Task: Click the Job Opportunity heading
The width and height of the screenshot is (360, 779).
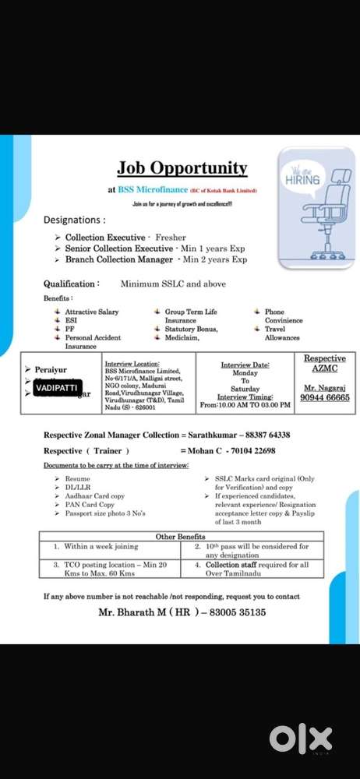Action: click(x=182, y=168)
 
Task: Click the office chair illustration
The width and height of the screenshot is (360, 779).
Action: click(x=318, y=223)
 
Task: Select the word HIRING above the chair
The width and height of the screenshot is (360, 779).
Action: click(x=303, y=179)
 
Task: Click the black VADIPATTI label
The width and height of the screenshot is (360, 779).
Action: click(x=57, y=386)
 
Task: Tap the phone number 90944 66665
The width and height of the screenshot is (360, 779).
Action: click(x=325, y=398)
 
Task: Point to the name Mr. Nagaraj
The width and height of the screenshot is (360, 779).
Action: click(x=324, y=387)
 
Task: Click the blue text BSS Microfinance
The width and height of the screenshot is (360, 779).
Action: click(x=153, y=189)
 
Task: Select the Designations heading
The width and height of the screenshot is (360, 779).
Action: click(x=75, y=220)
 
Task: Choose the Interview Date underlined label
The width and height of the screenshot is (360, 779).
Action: click(x=245, y=365)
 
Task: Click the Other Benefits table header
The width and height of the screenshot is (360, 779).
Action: click(x=180, y=537)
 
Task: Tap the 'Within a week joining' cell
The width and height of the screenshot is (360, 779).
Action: click(x=101, y=547)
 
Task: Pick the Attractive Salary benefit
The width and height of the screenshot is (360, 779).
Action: click(x=91, y=312)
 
